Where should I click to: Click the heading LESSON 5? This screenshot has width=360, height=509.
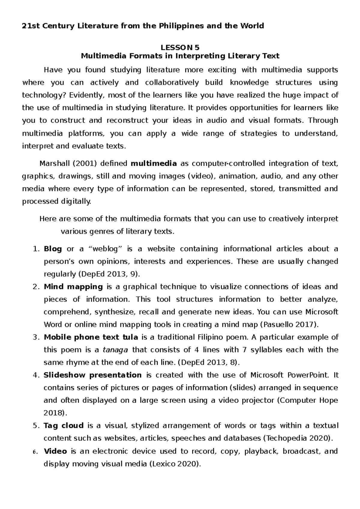tap(180, 47)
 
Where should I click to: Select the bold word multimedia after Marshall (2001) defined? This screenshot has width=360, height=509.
tap(154, 163)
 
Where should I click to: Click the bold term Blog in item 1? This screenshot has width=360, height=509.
tap(53, 249)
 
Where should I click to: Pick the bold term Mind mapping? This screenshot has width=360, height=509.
tap(73, 287)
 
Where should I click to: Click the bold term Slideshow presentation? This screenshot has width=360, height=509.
tap(92, 375)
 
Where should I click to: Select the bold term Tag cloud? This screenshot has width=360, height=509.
tap(64, 426)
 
